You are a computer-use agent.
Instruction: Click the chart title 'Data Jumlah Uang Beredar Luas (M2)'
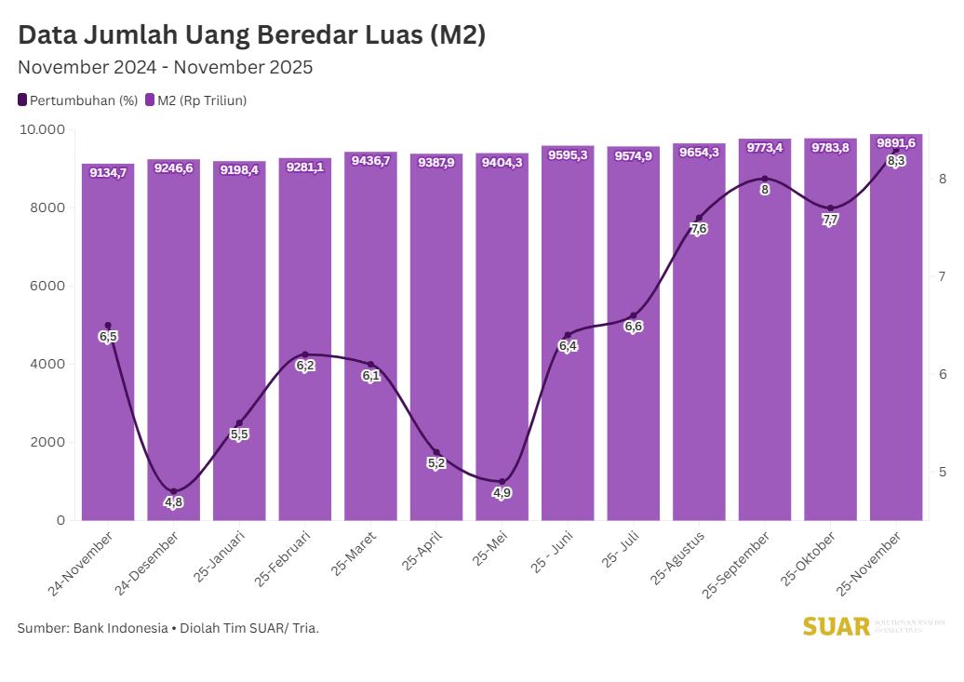pos(252,35)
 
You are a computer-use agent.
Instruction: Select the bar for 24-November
pos(108,419)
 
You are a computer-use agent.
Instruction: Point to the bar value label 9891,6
pos(896,142)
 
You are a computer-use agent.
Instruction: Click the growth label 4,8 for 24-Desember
pos(174,502)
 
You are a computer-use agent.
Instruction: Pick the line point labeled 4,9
pos(502,482)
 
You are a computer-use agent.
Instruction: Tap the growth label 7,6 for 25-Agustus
pos(700,229)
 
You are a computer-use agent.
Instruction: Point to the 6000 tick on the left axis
pos(46,286)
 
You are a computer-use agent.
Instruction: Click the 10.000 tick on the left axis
pos(41,129)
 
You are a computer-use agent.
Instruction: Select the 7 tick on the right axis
pos(942,276)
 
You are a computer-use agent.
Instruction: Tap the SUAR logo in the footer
pos(836,626)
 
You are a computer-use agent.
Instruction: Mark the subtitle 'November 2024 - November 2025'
pos(165,67)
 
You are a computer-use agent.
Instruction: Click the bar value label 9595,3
pos(568,155)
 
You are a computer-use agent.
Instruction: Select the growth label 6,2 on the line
pos(305,366)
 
